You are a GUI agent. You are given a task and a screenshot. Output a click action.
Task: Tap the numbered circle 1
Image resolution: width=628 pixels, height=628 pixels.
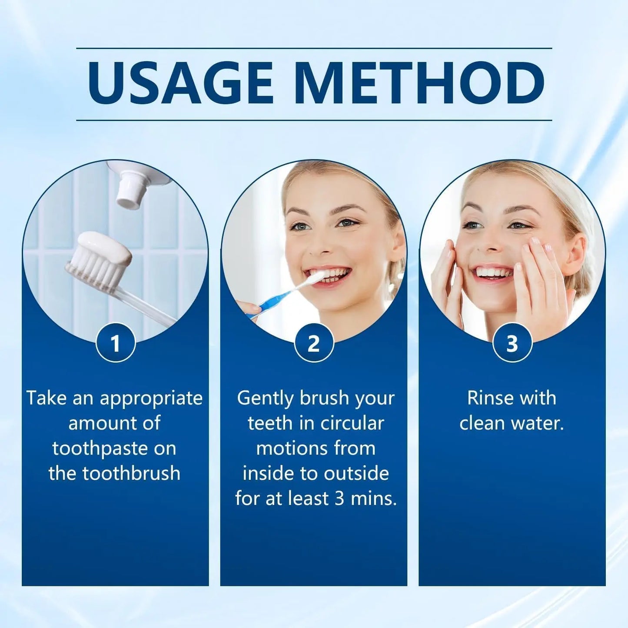[x=115, y=343]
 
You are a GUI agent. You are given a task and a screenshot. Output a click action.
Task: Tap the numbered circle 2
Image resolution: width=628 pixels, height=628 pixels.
[x=314, y=343]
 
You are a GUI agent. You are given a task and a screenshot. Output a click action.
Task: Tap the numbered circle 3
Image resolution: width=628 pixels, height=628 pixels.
[x=512, y=343]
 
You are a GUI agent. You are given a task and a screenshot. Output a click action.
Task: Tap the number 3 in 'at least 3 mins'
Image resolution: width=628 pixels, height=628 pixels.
[x=339, y=499]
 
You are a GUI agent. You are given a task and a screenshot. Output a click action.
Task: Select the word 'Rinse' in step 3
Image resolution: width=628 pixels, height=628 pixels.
[x=488, y=398]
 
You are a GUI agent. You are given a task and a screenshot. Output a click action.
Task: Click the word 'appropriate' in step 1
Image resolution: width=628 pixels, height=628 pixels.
[x=151, y=399]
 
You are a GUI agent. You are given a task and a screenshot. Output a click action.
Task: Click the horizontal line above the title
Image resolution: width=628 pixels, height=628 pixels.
[x=314, y=48]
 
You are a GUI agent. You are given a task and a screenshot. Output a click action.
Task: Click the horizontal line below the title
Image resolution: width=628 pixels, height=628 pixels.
[x=314, y=120]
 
